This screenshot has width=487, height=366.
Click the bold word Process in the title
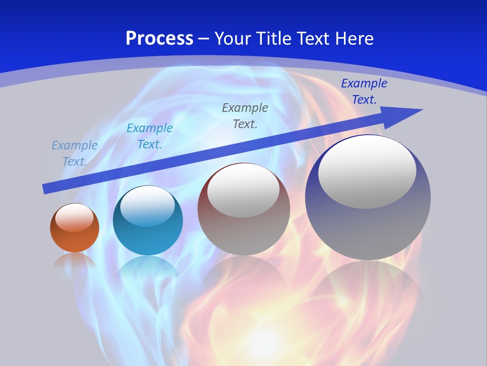point(159,39)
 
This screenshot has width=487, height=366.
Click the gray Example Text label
point(245,116)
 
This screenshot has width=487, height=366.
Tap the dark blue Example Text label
point(364,91)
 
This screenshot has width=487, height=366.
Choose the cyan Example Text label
point(150,136)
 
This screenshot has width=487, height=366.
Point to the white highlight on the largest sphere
point(367,172)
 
